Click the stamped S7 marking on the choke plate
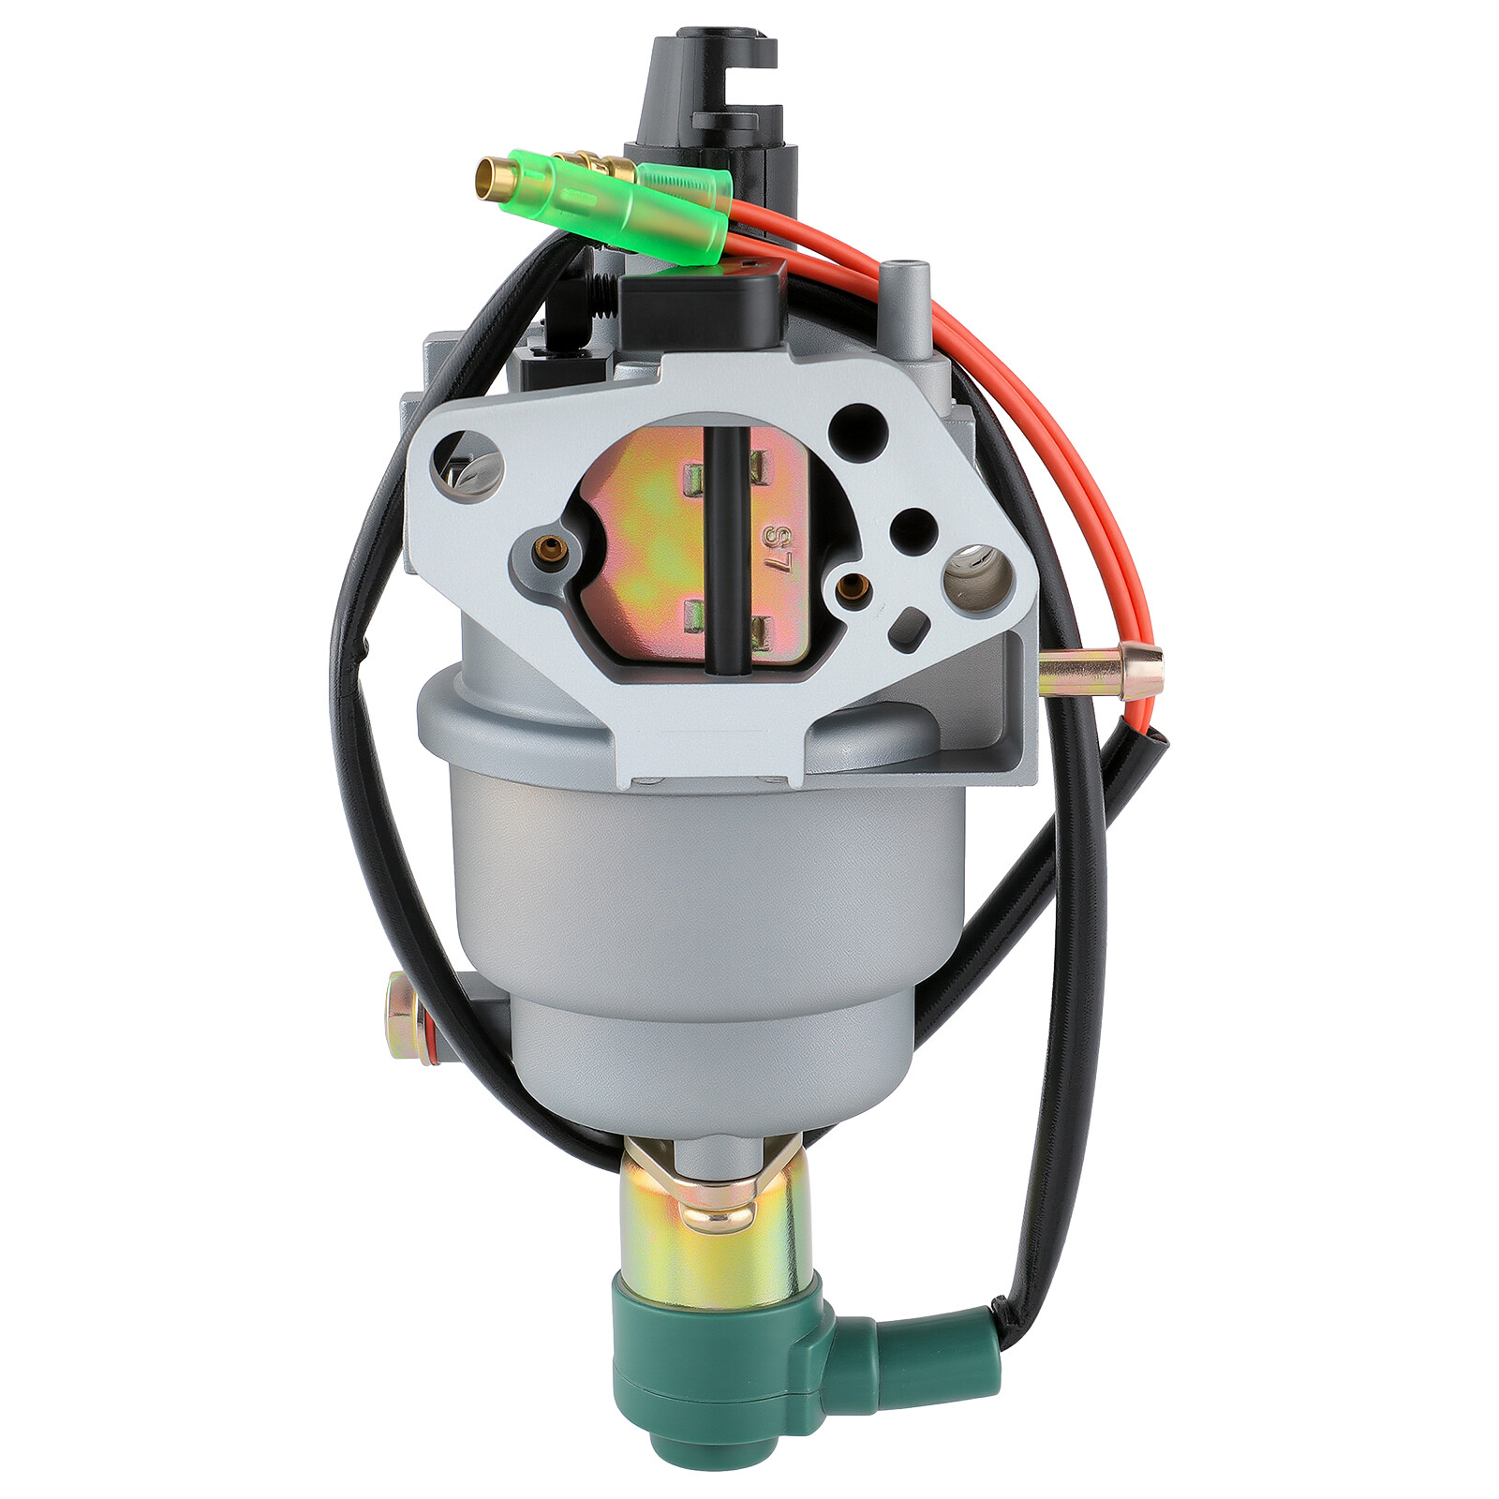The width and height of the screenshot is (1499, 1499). [x=776, y=551]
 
